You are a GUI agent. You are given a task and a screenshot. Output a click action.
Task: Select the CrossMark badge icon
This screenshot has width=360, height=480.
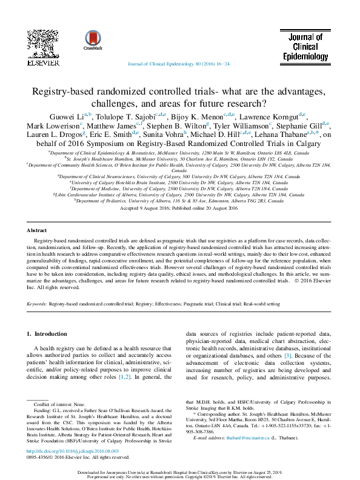tap(93, 39)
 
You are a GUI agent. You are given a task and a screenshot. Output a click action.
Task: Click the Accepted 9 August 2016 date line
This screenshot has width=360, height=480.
tap(180, 208)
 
